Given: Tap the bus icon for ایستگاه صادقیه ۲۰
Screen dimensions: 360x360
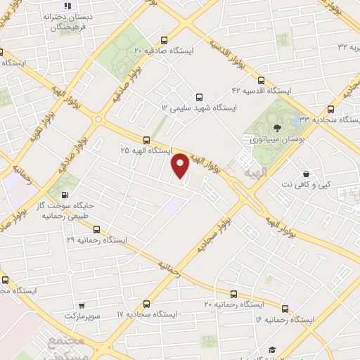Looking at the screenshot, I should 164,40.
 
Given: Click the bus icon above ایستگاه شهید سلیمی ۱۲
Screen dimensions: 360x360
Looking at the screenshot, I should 199,97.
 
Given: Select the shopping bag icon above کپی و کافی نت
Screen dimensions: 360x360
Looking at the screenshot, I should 306,174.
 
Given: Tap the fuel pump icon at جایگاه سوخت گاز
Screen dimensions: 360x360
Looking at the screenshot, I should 64,195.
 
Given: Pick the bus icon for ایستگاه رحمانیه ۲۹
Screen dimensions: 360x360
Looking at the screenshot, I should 96,229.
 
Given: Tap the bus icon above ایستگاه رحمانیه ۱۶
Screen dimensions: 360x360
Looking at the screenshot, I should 285,308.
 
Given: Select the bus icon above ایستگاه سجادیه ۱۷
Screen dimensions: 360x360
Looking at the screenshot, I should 146,304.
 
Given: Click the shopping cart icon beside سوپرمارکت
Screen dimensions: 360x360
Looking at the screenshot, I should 82,305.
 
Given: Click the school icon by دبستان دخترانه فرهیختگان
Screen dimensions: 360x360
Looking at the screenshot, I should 67,6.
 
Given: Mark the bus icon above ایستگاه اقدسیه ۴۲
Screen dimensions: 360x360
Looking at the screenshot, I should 262,80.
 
